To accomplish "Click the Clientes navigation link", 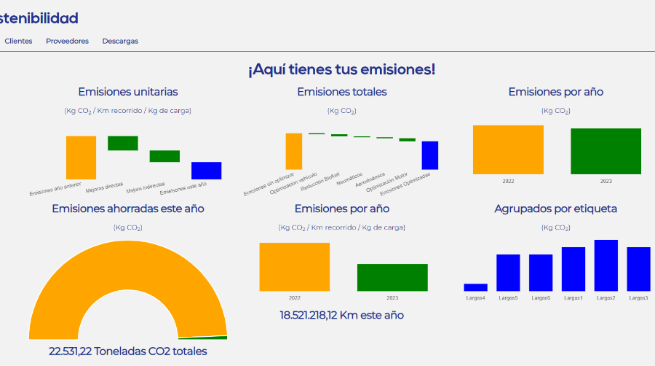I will click(x=18, y=42).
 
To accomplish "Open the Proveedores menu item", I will click(x=67, y=42).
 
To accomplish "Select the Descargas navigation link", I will click(x=120, y=42).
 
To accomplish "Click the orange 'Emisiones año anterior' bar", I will click(x=81, y=157).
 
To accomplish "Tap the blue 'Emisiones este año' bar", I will click(x=206, y=171).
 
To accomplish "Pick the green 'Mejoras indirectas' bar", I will click(x=164, y=156).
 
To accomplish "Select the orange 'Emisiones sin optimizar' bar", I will click(x=293, y=151).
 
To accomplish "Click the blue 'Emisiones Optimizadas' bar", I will click(x=430, y=155).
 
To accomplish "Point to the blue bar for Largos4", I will click(x=475, y=287).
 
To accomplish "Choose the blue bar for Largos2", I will click(x=606, y=265).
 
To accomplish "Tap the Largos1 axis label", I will click(x=573, y=298).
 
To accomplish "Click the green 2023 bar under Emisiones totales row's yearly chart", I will click(x=606, y=151).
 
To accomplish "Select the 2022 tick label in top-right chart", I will click(x=508, y=181).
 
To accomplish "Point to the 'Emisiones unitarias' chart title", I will click(x=128, y=92).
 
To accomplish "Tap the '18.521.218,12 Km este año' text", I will click(x=341, y=316).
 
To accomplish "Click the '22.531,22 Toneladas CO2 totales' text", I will click(x=128, y=351).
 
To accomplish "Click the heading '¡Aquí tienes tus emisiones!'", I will click(x=341, y=69).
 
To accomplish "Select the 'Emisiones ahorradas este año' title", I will click(x=128, y=209).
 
